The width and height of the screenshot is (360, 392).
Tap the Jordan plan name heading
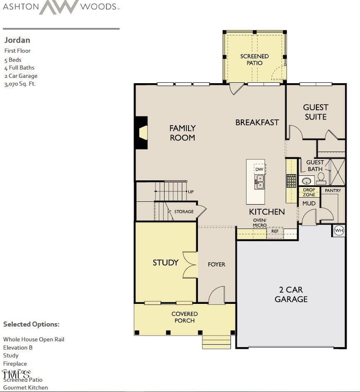[17, 40]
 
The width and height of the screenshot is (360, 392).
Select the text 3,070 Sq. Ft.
[20, 84]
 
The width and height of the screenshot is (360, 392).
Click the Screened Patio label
[254, 59]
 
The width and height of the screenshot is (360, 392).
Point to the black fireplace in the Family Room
[142, 133]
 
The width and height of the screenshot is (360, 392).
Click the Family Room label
[182, 133]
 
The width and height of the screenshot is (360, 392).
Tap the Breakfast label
[257, 122]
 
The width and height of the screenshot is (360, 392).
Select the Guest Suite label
[315, 112]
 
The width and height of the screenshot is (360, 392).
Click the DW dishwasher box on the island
[259, 169]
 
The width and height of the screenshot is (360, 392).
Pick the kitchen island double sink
[259, 181]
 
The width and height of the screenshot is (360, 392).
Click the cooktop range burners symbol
[291, 181]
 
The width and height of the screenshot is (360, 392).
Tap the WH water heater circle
[339, 231]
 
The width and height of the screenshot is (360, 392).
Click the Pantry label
[333, 191]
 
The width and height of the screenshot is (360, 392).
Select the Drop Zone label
[309, 192]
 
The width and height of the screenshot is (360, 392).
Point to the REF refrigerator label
[274, 232]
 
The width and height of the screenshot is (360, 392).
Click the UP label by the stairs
[191, 192]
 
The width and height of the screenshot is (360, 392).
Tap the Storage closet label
[184, 211]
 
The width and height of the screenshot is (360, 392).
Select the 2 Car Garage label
[291, 294]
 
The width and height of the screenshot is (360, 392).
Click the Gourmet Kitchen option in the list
[25, 388]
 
